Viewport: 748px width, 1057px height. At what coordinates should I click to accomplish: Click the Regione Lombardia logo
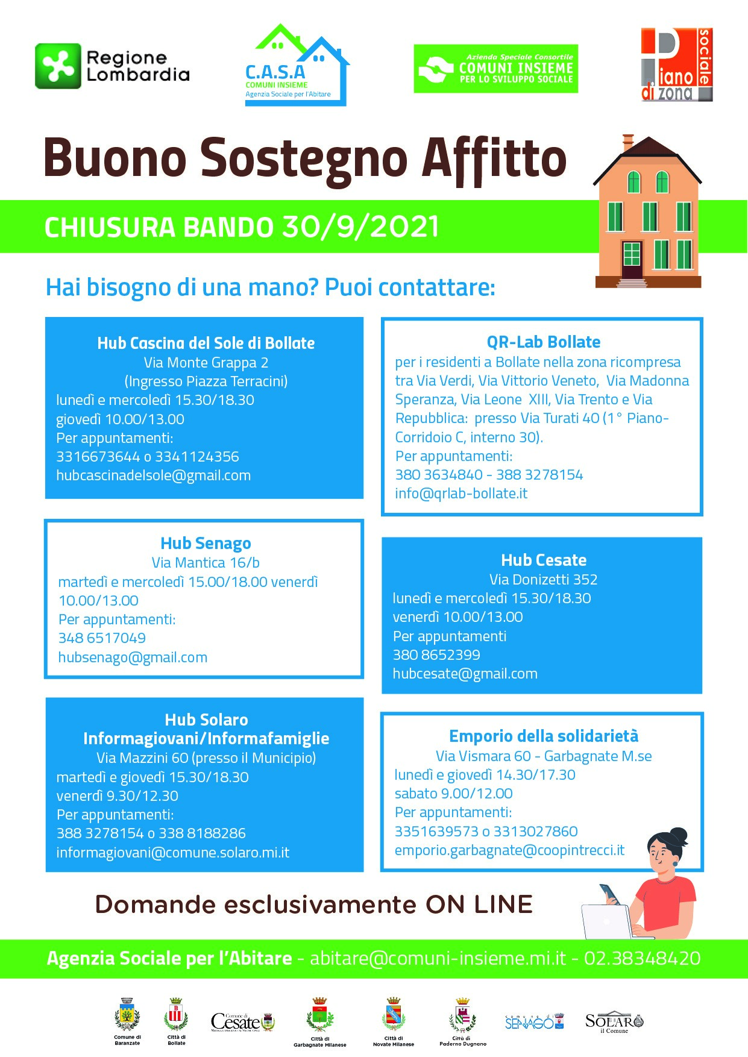click(x=112, y=66)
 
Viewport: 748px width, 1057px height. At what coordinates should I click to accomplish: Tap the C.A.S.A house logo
click(x=297, y=65)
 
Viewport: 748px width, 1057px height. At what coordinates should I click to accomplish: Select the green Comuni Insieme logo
click(x=495, y=69)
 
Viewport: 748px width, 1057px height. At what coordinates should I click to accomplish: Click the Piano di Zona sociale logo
click(x=676, y=65)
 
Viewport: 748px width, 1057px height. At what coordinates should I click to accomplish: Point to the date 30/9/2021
click(x=360, y=227)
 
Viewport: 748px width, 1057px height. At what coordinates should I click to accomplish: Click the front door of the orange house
click(x=632, y=259)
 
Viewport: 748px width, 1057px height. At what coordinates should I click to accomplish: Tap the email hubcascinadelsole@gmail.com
click(x=153, y=475)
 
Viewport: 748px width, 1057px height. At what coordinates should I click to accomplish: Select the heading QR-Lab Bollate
click(x=543, y=342)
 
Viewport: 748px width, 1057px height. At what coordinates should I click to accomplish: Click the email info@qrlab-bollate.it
click(x=461, y=494)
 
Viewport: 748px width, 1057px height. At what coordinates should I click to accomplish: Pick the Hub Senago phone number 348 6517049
click(x=102, y=638)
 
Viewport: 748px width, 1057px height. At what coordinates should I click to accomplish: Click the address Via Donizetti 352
click(x=543, y=580)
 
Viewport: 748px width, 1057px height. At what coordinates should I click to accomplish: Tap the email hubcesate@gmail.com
click(x=465, y=674)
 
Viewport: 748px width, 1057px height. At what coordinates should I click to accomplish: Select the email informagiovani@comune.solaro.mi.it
click(x=172, y=853)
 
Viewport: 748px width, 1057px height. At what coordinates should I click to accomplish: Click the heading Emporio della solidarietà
click(x=543, y=736)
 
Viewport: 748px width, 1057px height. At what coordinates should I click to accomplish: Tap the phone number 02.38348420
click(x=642, y=959)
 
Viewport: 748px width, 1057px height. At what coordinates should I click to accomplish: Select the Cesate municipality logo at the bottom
click(x=242, y=1021)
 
